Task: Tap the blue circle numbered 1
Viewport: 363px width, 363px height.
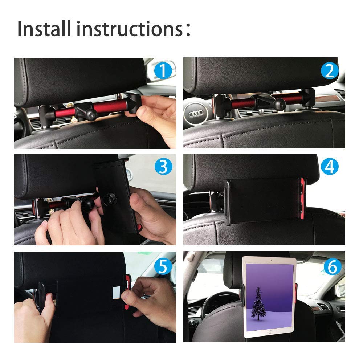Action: [x=163, y=70]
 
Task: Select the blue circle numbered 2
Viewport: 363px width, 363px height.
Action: [x=330, y=70]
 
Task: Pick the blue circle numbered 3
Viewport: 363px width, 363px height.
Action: [x=163, y=166]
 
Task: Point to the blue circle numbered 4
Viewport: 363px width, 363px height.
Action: [x=330, y=166]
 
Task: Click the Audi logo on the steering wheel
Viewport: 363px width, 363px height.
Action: [x=196, y=114]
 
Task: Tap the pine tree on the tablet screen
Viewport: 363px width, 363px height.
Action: [x=258, y=303]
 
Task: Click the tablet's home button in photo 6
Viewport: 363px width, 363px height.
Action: [x=270, y=332]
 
